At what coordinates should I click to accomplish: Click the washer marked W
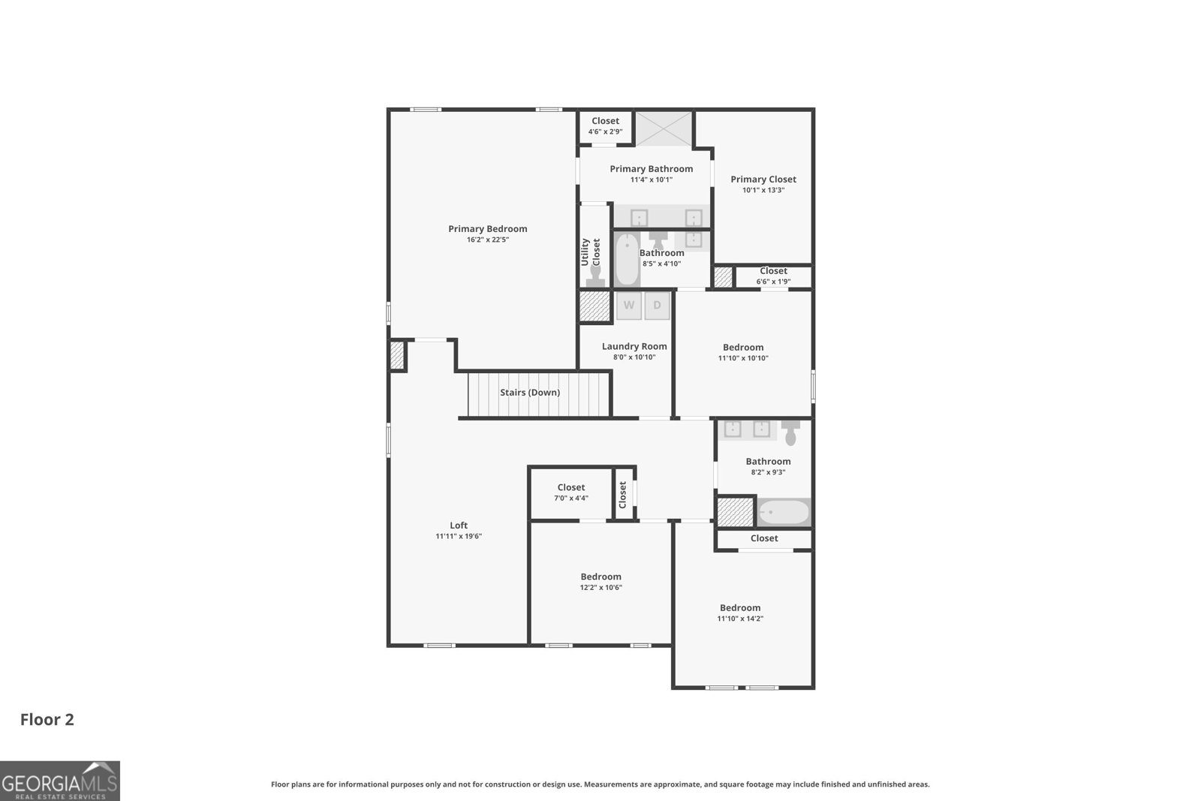(629, 306)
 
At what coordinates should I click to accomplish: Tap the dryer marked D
(657, 306)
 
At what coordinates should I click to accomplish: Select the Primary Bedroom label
(488, 229)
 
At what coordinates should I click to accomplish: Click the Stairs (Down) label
(530, 393)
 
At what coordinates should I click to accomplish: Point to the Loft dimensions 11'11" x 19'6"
(459, 536)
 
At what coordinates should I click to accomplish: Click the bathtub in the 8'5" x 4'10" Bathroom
(627, 259)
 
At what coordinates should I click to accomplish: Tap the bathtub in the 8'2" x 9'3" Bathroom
(784, 513)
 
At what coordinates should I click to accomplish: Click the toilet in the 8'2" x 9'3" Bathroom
(790, 434)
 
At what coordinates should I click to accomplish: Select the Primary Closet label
(763, 179)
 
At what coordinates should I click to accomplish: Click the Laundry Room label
(634, 346)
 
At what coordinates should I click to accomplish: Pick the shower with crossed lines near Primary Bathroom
(664, 128)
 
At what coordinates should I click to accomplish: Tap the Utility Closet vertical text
(591, 252)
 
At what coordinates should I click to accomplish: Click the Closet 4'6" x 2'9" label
(605, 121)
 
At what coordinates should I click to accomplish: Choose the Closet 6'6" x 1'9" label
(773, 271)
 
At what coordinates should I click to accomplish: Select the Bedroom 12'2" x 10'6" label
(600, 577)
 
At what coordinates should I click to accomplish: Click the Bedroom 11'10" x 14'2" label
(740, 608)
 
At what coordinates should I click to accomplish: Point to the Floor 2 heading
(47, 720)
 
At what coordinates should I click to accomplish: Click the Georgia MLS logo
(59, 781)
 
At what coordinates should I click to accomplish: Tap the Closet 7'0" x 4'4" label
(571, 488)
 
